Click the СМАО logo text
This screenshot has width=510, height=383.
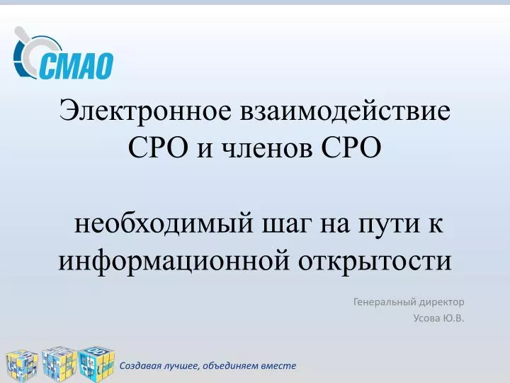tap(76, 66)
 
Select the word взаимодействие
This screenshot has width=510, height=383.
tap(345, 111)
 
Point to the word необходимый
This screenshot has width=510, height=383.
tap(164, 224)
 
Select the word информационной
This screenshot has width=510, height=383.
tap(174, 262)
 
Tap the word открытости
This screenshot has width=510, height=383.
tap(375, 262)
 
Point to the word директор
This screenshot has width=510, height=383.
tap(441, 303)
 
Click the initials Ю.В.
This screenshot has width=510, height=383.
tap(453, 318)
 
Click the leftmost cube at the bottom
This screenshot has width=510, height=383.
tap(22, 366)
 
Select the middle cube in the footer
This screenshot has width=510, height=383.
tap(59, 364)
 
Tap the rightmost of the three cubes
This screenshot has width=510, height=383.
tap(96, 363)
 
